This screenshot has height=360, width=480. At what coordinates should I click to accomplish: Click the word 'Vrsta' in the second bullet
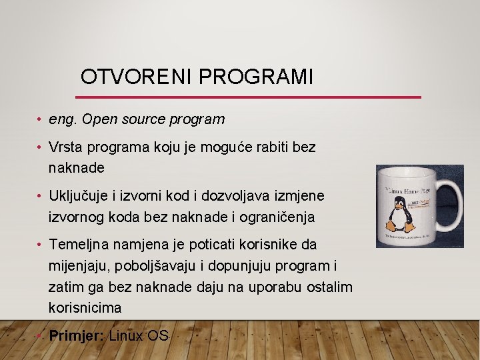pos(65,147)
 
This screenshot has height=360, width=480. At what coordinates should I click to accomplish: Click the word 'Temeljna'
pos(77,245)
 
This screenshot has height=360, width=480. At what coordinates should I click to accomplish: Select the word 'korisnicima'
pos(85,308)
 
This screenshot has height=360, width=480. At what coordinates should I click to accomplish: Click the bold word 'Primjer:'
pos(76,335)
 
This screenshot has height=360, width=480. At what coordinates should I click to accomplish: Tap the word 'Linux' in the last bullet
pos(126,335)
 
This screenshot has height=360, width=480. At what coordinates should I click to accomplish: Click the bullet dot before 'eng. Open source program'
pos(40,120)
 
